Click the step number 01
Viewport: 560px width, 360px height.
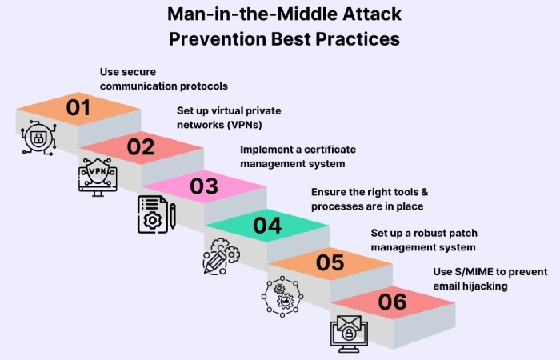[78, 107]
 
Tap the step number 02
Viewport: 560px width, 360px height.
[141, 146]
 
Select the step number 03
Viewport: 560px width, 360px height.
[204, 186]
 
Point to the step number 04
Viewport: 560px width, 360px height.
[267, 226]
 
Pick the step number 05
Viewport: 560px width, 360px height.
[330, 263]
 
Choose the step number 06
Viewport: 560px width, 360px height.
[392, 302]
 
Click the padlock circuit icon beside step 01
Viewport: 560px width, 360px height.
[37, 137]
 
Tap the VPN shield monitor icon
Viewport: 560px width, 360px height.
[96, 176]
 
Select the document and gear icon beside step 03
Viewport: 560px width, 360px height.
[155, 214]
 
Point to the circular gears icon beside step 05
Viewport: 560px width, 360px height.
[283, 294]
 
